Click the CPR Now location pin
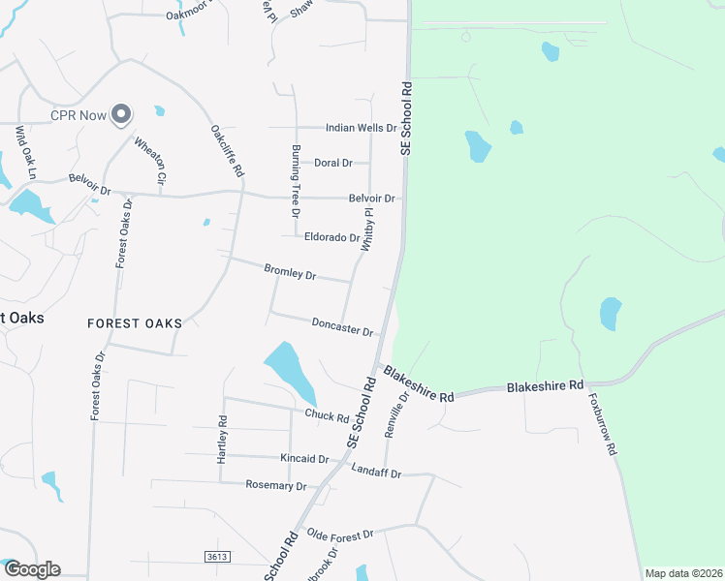pos(121,115)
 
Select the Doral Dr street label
pos(332,163)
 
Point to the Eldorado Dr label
pos(331,237)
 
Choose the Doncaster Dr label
pos(342,327)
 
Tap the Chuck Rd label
pos(327,416)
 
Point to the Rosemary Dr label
pos(276,485)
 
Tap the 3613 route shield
pos(218,556)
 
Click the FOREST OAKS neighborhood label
pos(134,322)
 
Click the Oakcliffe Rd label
pos(226,150)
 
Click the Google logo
pos(31,569)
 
